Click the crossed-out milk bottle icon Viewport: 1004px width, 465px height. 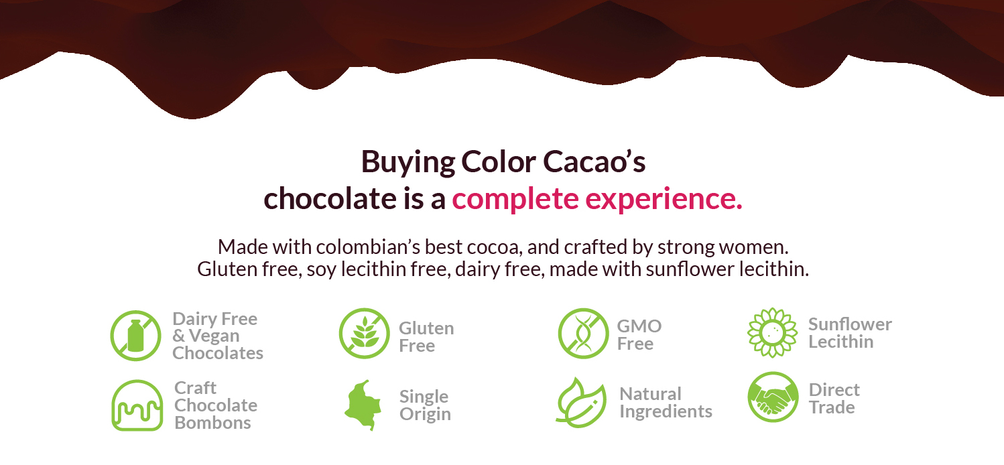pos(136,336)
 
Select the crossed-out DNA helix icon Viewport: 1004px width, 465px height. pos(582,334)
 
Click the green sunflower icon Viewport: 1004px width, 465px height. pos(772,332)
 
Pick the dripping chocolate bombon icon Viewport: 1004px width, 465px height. pos(137,405)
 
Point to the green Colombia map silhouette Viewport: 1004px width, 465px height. pos(363,404)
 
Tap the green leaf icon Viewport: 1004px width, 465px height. pos(580,403)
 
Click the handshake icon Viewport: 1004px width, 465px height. pos(773,398)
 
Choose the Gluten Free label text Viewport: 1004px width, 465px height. pos(426,337)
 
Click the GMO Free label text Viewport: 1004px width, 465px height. pos(639,335)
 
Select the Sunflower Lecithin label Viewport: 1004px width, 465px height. pos(849,333)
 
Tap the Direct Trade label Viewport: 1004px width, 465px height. pos(833,399)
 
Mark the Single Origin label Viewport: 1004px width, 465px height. pos(425,405)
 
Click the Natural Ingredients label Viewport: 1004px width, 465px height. pos(665,403)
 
